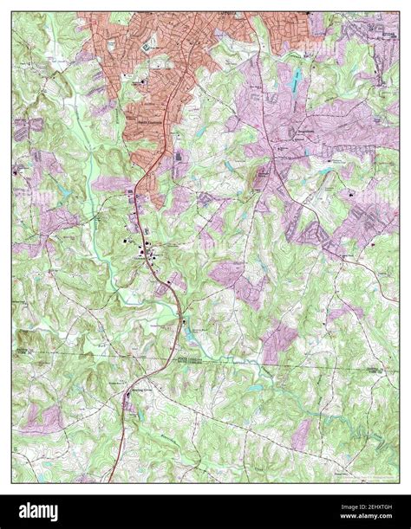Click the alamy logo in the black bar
pyautogui.click(x=53, y=512)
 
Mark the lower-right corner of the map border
pyautogui.click(x=398, y=481)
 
